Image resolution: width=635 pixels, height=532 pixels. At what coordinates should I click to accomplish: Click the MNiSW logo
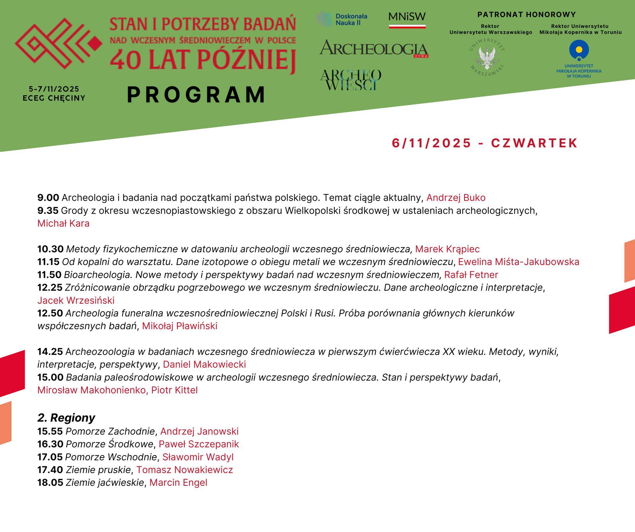point(407,20)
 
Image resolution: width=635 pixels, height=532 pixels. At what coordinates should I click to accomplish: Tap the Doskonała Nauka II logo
point(342,19)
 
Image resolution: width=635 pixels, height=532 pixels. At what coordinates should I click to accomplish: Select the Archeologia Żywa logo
point(374,49)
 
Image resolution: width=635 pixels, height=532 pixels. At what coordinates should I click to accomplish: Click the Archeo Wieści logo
point(350,80)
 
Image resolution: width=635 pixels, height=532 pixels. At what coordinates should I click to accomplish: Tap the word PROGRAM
point(197,95)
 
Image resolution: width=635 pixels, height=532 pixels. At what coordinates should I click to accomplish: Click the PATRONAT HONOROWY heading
point(526,15)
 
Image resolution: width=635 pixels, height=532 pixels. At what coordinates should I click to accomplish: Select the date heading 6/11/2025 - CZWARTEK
point(485,143)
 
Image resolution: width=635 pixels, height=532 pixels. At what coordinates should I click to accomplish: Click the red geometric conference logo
point(58,43)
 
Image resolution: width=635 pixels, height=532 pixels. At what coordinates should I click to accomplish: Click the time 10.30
point(50,249)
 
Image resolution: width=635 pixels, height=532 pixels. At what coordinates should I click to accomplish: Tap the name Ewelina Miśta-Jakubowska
point(518,262)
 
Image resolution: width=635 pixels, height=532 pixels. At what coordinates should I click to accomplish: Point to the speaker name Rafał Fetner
point(471,275)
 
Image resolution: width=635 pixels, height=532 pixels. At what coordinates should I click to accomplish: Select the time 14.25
point(50,352)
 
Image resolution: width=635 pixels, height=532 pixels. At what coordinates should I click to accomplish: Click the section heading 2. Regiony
point(66,418)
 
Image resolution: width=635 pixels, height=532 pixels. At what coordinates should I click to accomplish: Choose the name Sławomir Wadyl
point(198,457)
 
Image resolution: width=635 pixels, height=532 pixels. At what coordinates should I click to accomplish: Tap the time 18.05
point(50,483)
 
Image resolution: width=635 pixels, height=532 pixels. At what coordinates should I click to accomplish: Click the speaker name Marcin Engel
point(178,483)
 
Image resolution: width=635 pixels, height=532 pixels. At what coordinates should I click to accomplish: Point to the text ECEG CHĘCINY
point(54,98)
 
